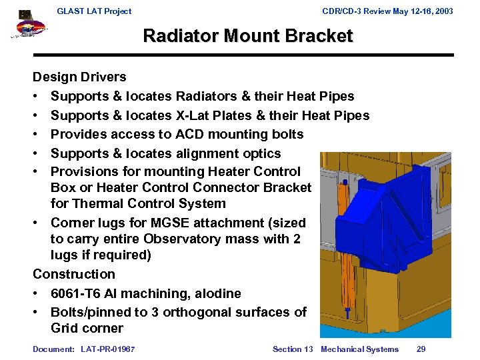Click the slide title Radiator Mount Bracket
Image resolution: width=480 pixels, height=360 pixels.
tap(247, 36)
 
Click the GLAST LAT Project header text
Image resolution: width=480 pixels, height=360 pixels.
tap(94, 11)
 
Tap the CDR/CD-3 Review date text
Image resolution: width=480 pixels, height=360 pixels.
tap(387, 11)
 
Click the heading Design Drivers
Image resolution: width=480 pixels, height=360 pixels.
tap(79, 77)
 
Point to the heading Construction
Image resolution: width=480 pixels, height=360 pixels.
tap(74, 274)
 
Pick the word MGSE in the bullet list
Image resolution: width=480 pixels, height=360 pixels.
tap(171, 223)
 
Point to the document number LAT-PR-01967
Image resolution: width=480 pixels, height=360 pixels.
tap(107, 349)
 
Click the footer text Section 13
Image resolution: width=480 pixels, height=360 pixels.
tap(292, 349)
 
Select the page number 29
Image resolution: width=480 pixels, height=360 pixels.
tap(421, 349)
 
